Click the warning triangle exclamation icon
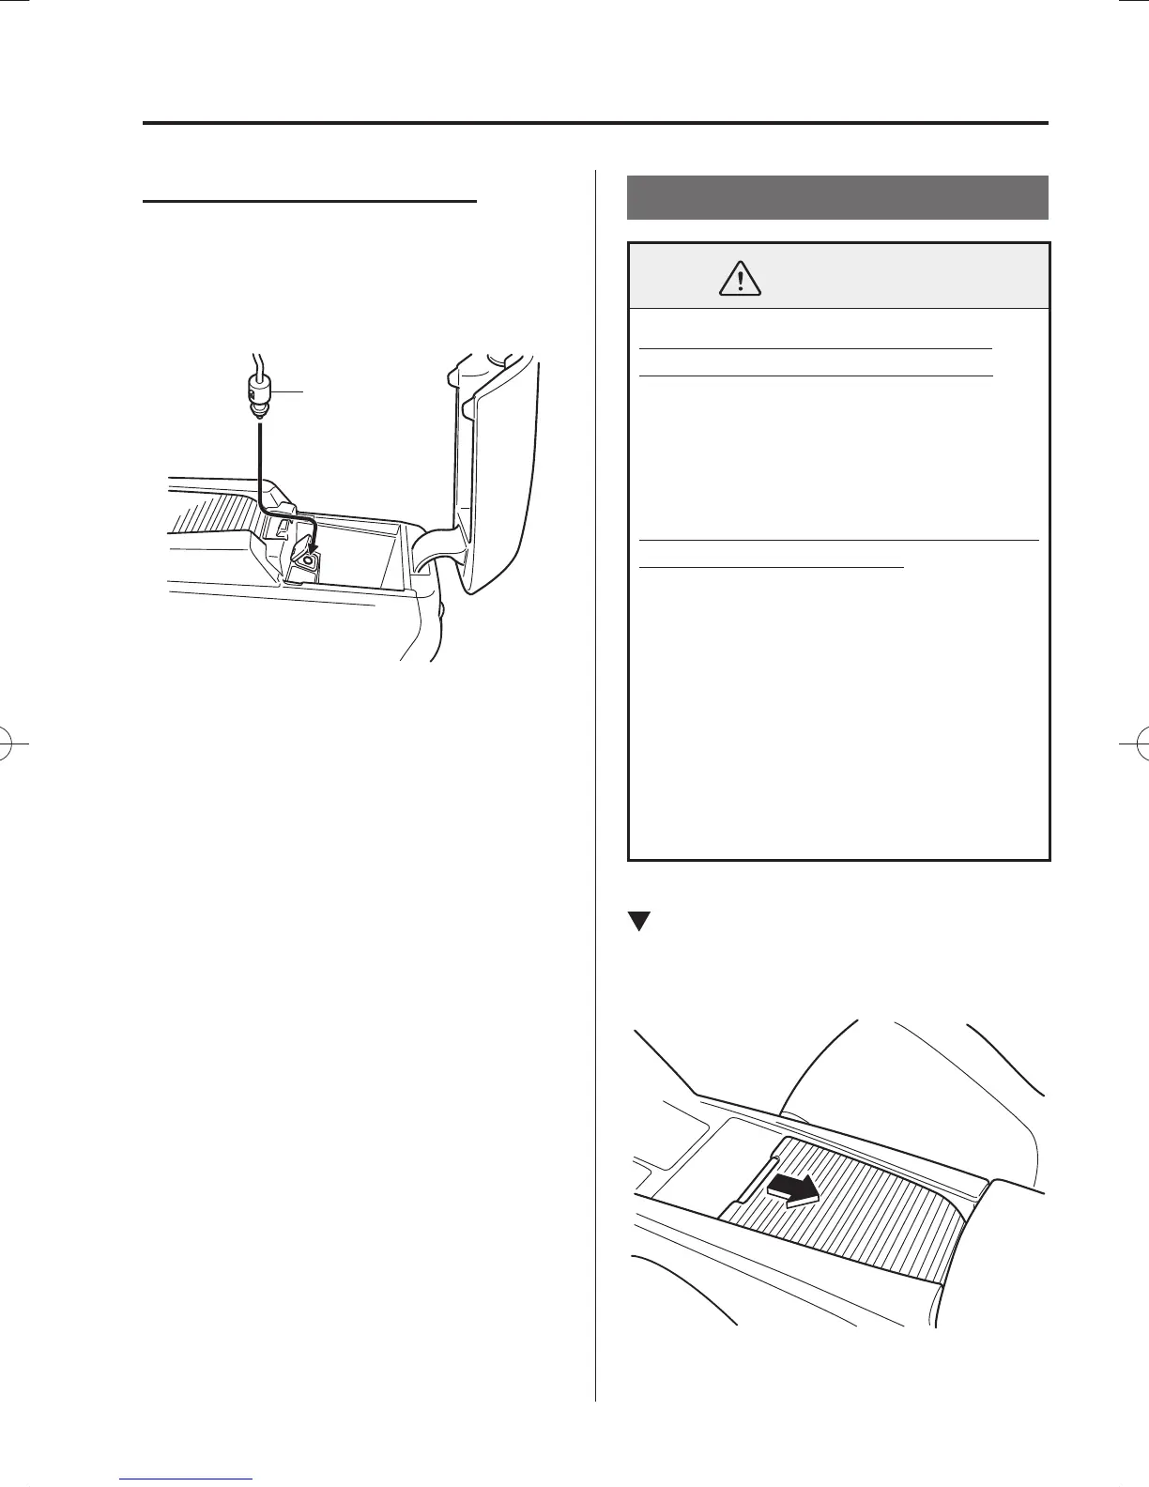(x=742, y=278)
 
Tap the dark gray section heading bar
(x=836, y=196)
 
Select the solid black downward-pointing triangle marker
(x=639, y=921)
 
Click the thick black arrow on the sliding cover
(x=791, y=1190)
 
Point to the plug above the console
(x=257, y=393)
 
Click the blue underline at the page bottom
(x=187, y=1479)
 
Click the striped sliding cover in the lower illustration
(x=845, y=1220)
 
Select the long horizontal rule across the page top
(x=595, y=123)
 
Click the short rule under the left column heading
(x=310, y=201)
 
